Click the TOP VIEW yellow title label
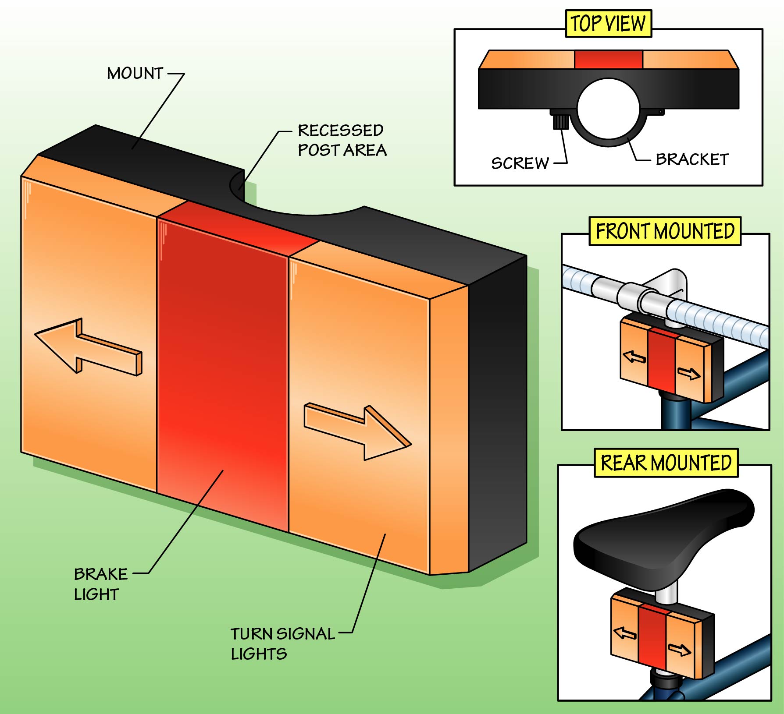tap(608, 24)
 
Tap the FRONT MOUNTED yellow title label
tap(665, 231)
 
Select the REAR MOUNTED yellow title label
tap(666, 463)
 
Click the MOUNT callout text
tap(135, 73)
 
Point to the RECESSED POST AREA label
tap(342, 140)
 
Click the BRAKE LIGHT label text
tap(100, 584)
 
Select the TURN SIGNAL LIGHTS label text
tap(282, 643)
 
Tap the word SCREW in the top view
tap(520, 163)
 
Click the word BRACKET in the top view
tap(692, 159)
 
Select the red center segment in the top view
tap(608, 60)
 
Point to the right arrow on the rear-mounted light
tap(679, 650)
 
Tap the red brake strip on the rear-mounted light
tap(652, 640)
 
